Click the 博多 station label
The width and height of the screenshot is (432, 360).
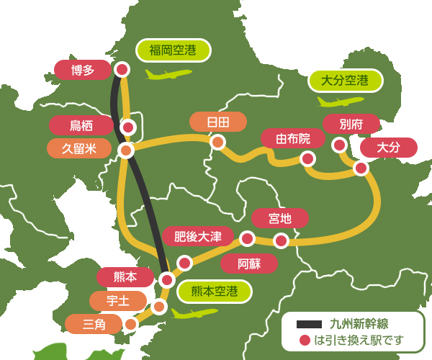(x=82, y=70)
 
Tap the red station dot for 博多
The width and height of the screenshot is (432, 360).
(x=122, y=69)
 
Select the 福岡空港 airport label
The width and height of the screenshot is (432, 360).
(x=174, y=50)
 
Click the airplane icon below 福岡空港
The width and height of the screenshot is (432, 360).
(x=168, y=73)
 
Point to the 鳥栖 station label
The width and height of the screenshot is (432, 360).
(x=81, y=125)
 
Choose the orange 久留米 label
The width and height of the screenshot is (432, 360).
(x=79, y=148)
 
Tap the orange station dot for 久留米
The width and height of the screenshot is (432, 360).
(x=126, y=150)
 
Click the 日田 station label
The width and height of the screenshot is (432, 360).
(x=217, y=122)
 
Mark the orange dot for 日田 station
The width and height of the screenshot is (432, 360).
(x=217, y=143)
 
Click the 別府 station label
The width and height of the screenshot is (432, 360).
(x=351, y=124)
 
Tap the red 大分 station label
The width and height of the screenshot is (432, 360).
(x=389, y=148)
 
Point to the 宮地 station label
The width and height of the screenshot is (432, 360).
(x=280, y=218)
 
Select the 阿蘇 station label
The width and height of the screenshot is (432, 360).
(x=249, y=263)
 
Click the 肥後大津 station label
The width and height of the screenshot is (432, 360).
(x=198, y=236)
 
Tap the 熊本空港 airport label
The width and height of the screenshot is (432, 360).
(x=215, y=292)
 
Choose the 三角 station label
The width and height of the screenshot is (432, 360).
(x=94, y=324)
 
